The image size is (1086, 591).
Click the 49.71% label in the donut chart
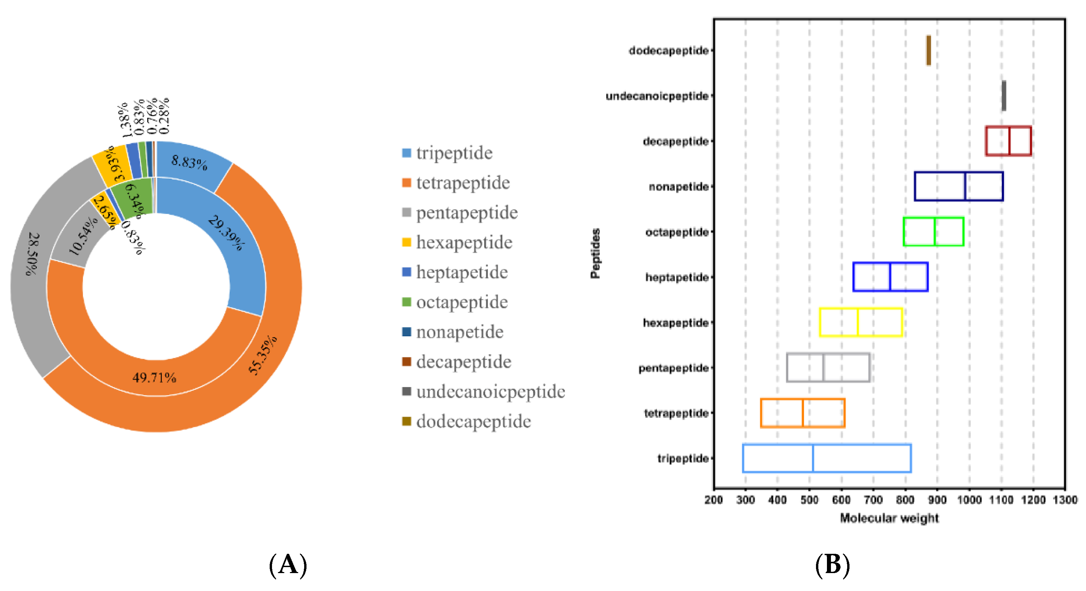[154, 377]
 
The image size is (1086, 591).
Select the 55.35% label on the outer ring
[263, 355]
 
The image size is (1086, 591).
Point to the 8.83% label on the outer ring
[189, 162]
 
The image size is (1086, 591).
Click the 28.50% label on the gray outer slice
[33, 254]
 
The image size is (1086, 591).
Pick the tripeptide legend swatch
[406, 153]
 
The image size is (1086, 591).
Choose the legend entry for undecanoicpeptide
[490, 392]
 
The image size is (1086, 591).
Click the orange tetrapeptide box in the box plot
[802, 413]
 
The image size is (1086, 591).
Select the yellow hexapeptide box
[860, 322]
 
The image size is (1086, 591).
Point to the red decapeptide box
[1008, 141]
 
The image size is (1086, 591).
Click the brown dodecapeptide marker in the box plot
[928, 50]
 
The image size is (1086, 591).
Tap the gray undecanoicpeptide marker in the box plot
[1004, 96]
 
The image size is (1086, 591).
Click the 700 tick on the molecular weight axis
[873, 500]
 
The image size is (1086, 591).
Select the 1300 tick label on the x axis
[1065, 500]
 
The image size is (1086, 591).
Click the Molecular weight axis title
[889, 518]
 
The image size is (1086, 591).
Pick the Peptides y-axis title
[595, 253]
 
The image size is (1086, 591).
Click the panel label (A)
[288, 565]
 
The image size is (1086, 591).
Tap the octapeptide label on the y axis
[677, 232]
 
